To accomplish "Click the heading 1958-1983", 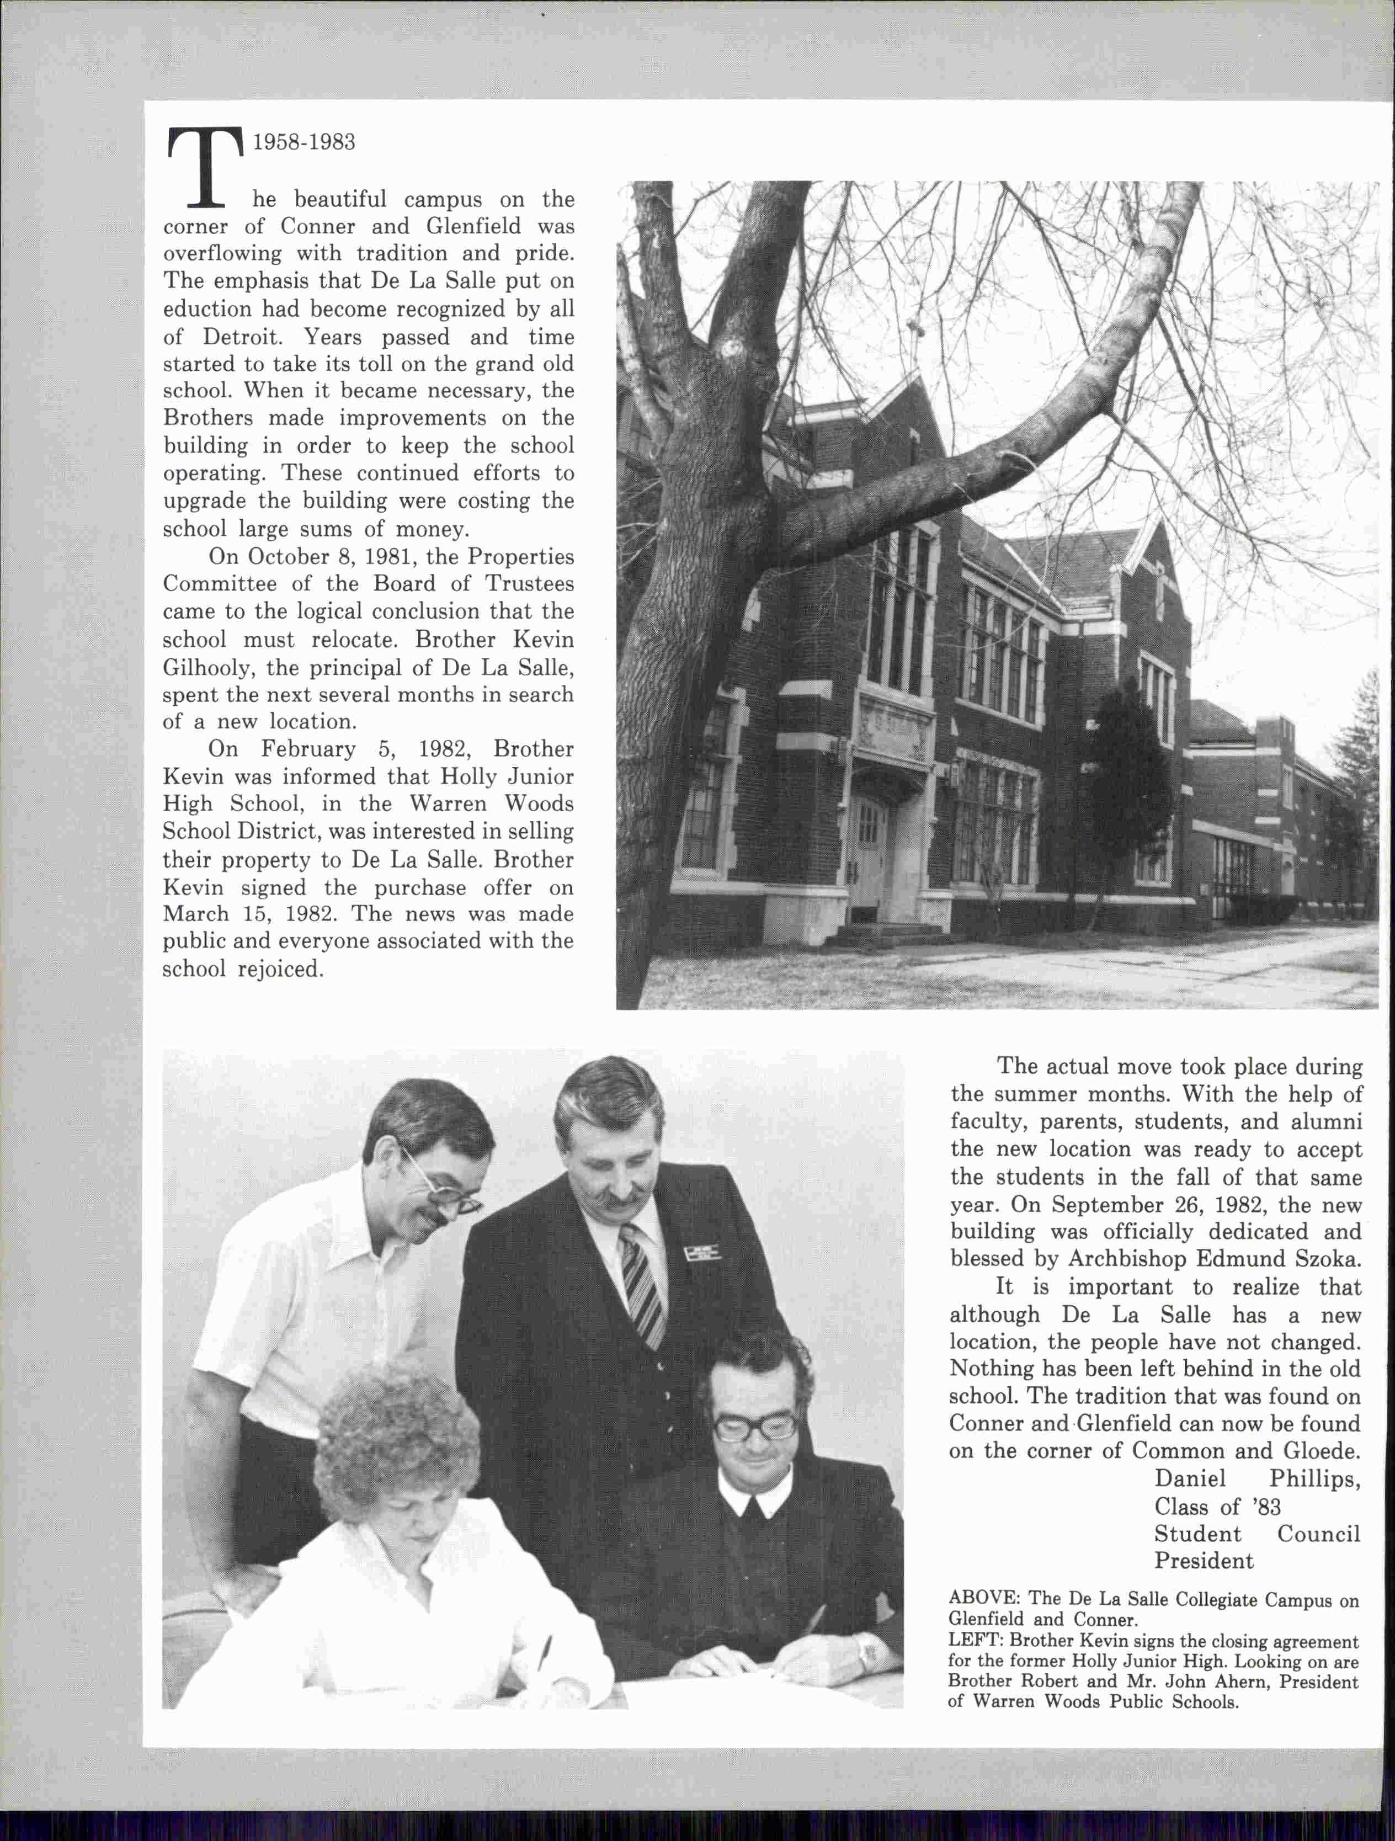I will [304, 142].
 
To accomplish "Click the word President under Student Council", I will [1203, 1561].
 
